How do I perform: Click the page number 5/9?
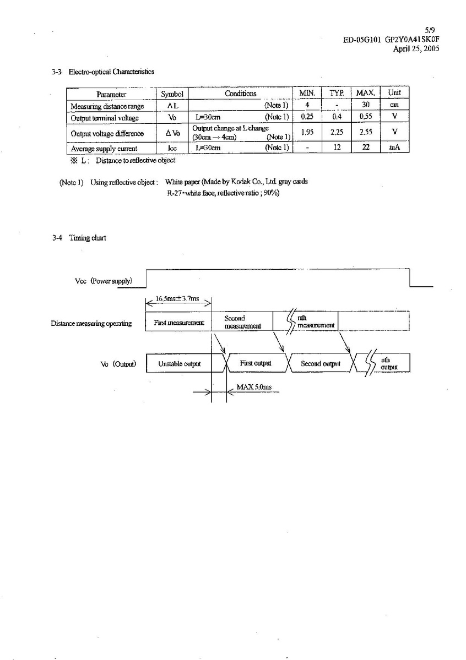click(431, 31)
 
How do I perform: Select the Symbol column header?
click(171, 94)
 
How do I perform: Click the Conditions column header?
click(240, 94)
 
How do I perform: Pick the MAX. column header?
click(365, 94)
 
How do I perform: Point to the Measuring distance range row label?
click(107, 106)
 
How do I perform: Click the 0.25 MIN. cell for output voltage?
click(307, 117)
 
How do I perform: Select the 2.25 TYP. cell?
click(337, 133)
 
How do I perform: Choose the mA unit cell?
click(394, 148)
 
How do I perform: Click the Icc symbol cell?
click(171, 148)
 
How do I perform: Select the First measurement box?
click(178, 322)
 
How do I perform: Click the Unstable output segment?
click(180, 364)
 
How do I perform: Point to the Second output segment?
click(321, 364)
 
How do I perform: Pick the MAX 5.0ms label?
click(254, 387)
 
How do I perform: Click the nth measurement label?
click(315, 321)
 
